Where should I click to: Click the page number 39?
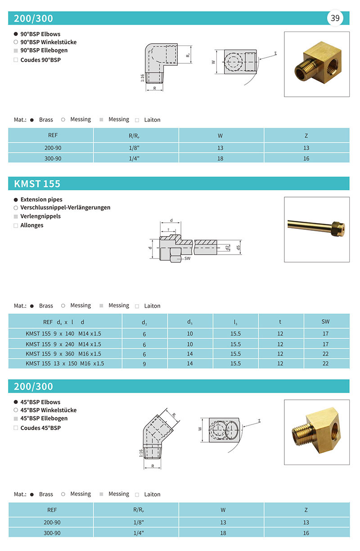335,18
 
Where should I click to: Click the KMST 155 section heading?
37,184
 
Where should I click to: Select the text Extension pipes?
41,199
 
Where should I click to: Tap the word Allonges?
32,225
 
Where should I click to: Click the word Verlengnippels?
40,216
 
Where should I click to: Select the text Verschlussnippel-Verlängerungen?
65,208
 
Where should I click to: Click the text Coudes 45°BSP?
40,428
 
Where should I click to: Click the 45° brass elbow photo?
317,432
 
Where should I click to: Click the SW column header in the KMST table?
326,322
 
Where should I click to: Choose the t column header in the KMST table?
280,322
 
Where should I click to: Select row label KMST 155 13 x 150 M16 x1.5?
65,363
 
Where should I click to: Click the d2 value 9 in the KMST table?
144,364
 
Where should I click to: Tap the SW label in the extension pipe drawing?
187,259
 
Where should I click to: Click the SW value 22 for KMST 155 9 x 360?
326,354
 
